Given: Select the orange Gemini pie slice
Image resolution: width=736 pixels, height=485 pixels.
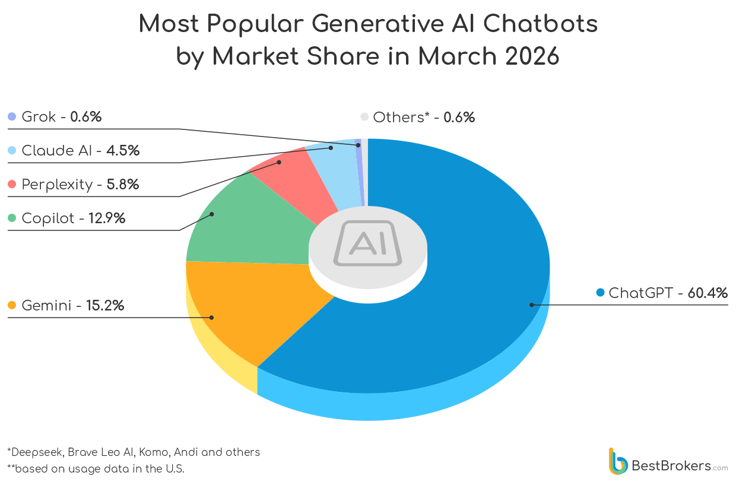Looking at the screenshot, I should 249,309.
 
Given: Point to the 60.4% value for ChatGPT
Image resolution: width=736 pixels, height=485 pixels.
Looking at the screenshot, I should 708,293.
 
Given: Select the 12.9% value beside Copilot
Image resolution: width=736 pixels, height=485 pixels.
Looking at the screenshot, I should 107,218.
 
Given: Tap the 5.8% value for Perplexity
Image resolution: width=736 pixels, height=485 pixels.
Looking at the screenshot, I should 122,185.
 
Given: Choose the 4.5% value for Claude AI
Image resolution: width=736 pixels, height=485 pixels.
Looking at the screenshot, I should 123,151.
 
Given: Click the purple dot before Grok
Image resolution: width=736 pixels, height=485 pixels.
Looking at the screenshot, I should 12,117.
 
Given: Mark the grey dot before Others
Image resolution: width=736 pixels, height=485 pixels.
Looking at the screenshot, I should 364,117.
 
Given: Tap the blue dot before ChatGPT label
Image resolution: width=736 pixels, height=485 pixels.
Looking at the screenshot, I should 600,293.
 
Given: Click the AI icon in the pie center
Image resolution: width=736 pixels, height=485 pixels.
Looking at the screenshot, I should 367,243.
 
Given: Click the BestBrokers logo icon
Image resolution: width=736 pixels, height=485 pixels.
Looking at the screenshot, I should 618,461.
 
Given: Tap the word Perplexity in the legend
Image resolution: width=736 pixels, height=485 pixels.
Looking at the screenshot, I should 57,185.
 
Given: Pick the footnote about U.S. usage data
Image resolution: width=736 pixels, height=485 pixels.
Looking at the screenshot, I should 96,469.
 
